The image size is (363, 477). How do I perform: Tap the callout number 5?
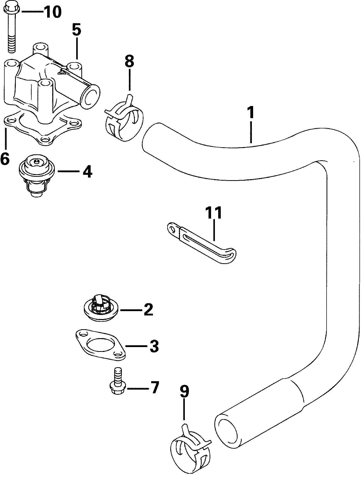tap(76, 30)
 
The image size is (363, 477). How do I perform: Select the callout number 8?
tap(129, 61)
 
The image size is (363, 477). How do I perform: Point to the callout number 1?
tap(251, 113)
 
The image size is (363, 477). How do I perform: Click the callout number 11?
tap(214, 213)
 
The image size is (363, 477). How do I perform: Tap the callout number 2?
tap(149, 310)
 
